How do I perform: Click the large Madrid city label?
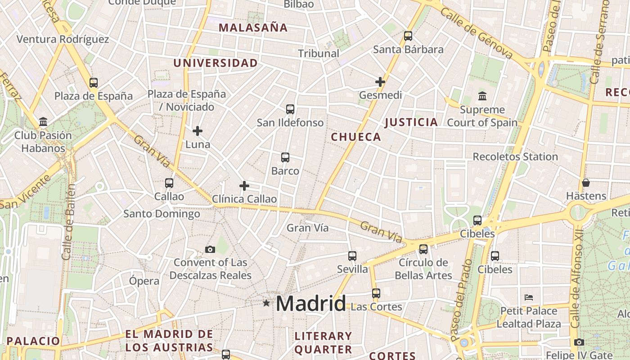tap(311, 304)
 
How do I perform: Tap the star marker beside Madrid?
tap(266, 303)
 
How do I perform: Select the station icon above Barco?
tap(285, 157)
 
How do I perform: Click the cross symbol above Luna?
tap(198, 131)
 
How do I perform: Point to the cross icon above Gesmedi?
tap(380, 82)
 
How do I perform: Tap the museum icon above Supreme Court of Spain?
tap(482, 96)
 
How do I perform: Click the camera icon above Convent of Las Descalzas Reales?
tap(210, 249)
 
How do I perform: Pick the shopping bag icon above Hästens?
tap(585, 183)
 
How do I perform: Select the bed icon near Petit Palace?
tap(529, 297)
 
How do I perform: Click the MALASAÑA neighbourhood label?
tap(253, 28)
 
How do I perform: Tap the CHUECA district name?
tap(356, 137)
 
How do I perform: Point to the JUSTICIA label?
tap(411, 122)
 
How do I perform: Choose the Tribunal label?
tap(319, 54)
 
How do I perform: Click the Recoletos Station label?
tap(515, 157)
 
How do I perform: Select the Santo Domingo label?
tap(162, 214)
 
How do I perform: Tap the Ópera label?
tap(144, 281)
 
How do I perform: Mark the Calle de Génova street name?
tap(477, 33)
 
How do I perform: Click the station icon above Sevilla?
tap(352, 256)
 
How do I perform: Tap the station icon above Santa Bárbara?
tap(408, 36)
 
